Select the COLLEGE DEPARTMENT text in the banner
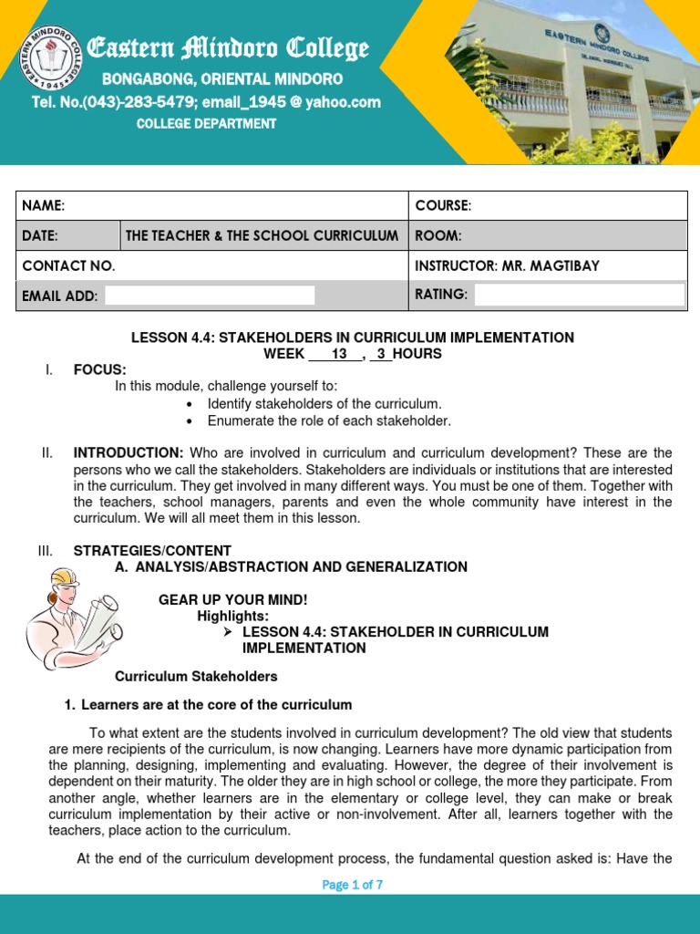click(x=206, y=124)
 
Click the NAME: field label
click(x=43, y=206)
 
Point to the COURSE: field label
click(x=443, y=206)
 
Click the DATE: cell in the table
click(x=40, y=235)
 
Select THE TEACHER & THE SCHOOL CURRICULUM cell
click(x=262, y=235)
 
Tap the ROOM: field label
click(x=438, y=235)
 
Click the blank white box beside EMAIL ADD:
click(x=210, y=295)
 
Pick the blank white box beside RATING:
click(x=579, y=294)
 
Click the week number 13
click(x=339, y=354)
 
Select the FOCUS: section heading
click(x=99, y=369)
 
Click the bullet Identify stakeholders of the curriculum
click(x=324, y=403)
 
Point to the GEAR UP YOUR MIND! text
click(x=233, y=599)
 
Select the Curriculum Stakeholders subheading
click(x=196, y=677)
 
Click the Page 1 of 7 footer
click(x=351, y=885)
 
